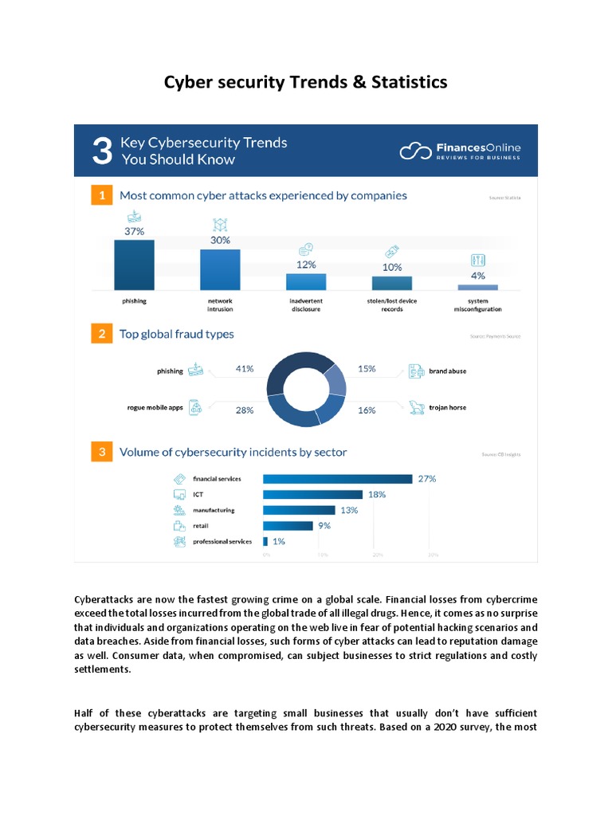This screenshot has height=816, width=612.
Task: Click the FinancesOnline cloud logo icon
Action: tap(415, 151)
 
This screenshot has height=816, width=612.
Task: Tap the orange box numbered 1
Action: tap(100, 195)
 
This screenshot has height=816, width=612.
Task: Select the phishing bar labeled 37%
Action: tap(134, 267)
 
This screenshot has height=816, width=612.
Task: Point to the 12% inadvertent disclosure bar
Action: tap(306, 281)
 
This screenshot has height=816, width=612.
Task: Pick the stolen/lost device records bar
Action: tap(392, 283)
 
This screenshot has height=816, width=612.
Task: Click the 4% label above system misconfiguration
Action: tap(478, 276)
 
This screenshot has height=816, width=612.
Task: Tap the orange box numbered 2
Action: tap(100, 335)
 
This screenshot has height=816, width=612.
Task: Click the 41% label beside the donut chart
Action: tap(245, 369)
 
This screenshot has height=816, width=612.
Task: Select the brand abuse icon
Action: tap(414, 371)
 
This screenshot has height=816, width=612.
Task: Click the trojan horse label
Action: tap(447, 408)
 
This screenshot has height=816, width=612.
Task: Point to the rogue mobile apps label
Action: tap(155, 408)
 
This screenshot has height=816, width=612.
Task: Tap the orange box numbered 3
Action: tap(100, 453)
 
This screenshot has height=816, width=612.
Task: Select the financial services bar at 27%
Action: tap(337, 479)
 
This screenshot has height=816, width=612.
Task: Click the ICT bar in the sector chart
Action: tap(312, 495)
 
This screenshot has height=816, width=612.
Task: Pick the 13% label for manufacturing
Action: tap(349, 510)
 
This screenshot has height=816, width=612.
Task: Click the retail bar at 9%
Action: tap(287, 526)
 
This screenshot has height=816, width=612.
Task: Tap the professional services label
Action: tap(222, 542)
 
